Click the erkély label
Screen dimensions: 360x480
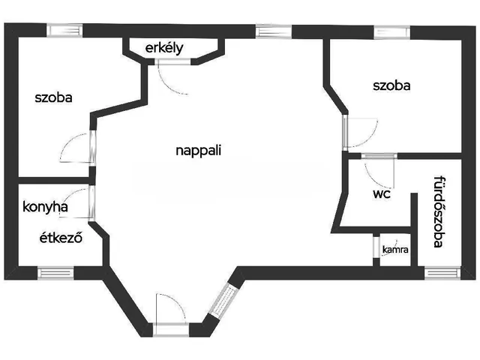tap(165, 48)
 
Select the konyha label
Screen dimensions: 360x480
tap(45, 207)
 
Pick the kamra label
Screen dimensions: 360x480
tap(395, 249)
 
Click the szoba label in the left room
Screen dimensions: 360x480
tap(53, 97)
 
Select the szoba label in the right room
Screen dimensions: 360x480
tap(391, 85)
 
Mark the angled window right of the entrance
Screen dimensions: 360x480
tap(221, 302)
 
